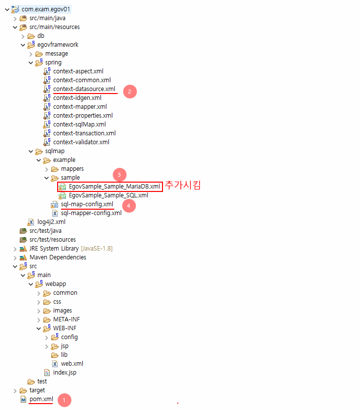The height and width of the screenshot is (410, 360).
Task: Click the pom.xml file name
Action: pyautogui.click(x=41, y=399)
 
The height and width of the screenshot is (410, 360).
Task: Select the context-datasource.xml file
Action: pyautogui.click(x=84, y=89)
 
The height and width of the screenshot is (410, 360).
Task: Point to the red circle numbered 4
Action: pyautogui.click(x=128, y=206)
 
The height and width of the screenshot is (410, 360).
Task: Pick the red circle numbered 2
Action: pyautogui.click(x=130, y=91)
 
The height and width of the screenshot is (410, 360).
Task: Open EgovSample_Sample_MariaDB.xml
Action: pyautogui.click(x=114, y=187)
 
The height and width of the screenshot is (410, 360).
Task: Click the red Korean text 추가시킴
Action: pyautogui.click(x=183, y=186)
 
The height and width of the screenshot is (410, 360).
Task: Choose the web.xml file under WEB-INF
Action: pyautogui.click(x=72, y=364)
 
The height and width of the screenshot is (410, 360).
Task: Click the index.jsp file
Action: pyautogui.click(x=65, y=373)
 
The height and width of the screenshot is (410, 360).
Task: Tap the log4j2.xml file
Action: pyautogui.click(x=51, y=222)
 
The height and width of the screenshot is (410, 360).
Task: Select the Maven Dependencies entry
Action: pyautogui.click(x=58, y=257)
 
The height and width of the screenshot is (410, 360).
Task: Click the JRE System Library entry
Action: pyautogui.click(x=70, y=249)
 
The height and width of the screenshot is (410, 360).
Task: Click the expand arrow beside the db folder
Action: pyautogui.click(x=23, y=36)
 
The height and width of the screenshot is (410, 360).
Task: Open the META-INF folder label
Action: pyautogui.click(x=66, y=319)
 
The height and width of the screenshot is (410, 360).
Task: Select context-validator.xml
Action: pyautogui.click(x=81, y=142)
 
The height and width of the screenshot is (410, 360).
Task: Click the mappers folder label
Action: pyautogui.click(x=72, y=169)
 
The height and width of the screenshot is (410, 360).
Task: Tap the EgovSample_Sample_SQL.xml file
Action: pyautogui.click(x=108, y=195)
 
